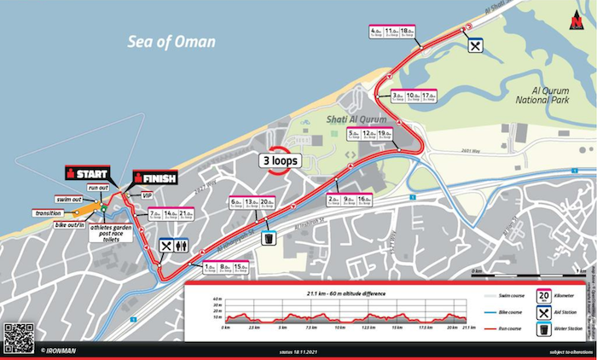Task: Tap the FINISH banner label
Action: pos(154,178)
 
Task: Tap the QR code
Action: pos(18,338)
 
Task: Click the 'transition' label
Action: pos(48,213)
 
